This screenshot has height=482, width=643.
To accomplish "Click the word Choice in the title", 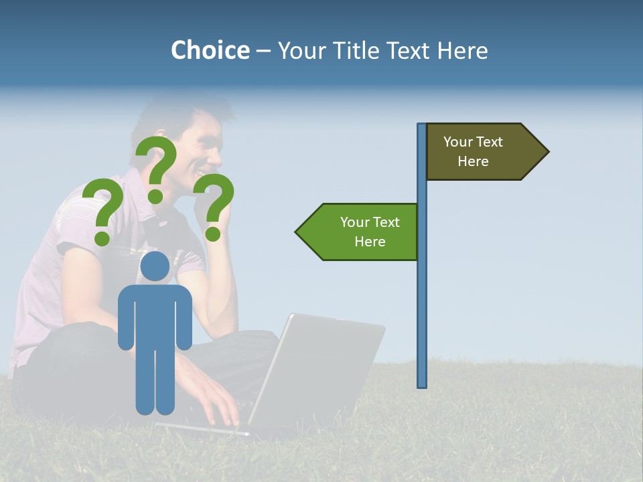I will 210,50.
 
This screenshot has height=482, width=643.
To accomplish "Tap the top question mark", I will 157,161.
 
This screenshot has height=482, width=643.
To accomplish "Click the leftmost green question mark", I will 101,208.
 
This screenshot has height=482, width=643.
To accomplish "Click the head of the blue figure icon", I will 155,266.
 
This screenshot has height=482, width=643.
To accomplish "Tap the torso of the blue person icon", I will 155,315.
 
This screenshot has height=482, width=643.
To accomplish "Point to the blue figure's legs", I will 155,382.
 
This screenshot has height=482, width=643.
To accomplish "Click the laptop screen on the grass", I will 321,368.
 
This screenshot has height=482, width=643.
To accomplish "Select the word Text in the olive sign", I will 489,142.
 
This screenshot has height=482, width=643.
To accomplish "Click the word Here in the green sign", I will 370,242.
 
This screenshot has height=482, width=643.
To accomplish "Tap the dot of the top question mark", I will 155,196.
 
